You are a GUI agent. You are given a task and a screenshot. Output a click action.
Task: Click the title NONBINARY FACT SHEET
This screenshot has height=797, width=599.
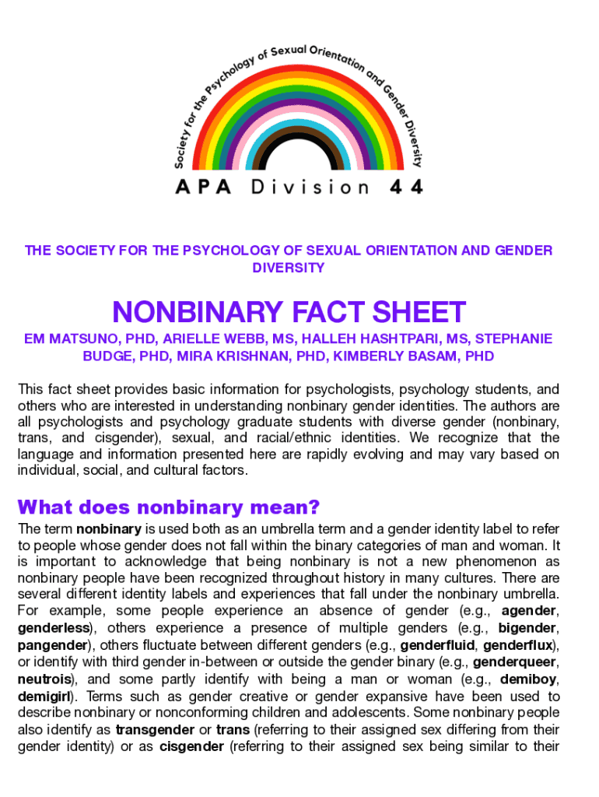pos(289,313)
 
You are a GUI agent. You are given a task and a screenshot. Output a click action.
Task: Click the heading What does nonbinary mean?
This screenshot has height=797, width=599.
pos(169,508)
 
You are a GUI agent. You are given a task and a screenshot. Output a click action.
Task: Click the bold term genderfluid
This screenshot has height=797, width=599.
pos(436,644)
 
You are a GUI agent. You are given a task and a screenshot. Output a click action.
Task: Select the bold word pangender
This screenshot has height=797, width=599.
pos(53,644)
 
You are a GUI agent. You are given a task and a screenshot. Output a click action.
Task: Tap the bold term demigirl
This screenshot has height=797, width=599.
pos(44,696)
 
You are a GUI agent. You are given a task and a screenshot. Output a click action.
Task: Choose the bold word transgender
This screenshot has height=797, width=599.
pos(154,730)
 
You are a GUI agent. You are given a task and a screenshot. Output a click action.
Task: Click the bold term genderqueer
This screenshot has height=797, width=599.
pos(515,662)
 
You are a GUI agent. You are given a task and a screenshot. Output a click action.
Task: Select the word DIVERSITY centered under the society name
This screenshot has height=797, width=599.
pos(289,268)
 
